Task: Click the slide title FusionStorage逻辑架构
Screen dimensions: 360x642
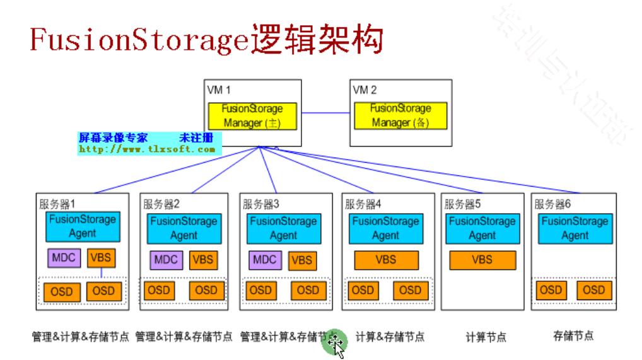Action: click(x=206, y=40)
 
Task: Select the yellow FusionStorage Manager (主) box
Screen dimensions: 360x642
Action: click(x=252, y=116)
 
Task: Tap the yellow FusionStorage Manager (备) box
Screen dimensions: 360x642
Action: click(x=400, y=116)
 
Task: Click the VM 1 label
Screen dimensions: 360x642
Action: click(x=219, y=90)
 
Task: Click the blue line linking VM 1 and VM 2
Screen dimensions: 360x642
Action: click(x=325, y=113)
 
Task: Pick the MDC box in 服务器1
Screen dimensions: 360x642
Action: click(x=64, y=258)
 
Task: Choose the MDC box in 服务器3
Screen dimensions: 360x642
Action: click(x=264, y=259)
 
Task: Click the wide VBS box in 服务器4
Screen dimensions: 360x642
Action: click(x=386, y=260)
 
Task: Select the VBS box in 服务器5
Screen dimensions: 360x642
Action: click(x=482, y=260)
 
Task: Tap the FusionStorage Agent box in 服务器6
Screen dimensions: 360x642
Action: click(x=575, y=228)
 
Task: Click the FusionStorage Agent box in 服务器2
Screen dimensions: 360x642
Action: click(x=184, y=228)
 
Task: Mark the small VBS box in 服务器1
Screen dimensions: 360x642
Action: click(x=102, y=258)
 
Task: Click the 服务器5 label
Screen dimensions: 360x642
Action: click(x=462, y=204)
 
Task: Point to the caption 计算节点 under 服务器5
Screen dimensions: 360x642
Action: click(x=486, y=337)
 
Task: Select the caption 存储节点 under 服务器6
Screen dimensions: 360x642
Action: click(x=573, y=336)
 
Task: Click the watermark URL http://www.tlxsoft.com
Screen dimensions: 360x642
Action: click(x=147, y=149)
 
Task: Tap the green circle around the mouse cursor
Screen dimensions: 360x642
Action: click(x=334, y=342)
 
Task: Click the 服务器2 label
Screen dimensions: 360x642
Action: click(x=161, y=204)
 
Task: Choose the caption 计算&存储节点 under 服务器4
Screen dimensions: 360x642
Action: click(x=390, y=337)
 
